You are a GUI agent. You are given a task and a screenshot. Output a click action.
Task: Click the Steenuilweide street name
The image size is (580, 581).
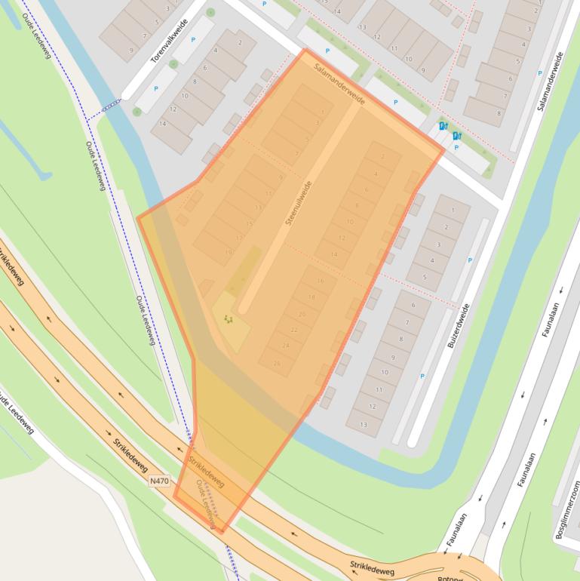pos(299,202)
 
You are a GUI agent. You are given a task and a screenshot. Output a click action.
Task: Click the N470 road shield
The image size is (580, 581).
pos(159,480)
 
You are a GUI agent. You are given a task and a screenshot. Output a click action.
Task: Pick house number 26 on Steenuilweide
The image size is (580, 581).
pos(278,363)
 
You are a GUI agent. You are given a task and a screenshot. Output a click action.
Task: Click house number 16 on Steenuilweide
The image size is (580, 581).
pos(321,281)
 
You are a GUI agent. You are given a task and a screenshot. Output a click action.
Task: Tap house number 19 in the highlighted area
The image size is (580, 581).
pos(229,252)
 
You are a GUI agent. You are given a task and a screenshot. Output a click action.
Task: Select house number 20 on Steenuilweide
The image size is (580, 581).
pos(302,314)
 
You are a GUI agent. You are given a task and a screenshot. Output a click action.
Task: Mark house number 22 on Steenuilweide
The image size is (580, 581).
pos(294,330)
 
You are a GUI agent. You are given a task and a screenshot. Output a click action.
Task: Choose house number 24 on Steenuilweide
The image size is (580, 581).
pos(286,346)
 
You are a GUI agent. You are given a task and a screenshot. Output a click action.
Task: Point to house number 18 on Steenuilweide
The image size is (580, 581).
pos(311,297)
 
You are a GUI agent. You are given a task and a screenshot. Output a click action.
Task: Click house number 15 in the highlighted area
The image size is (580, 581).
pos(250,223)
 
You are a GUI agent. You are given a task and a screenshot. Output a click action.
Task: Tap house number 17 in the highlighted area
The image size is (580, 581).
pos(240,237)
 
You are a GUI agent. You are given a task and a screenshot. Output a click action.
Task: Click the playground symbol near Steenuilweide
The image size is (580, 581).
pos(229,320)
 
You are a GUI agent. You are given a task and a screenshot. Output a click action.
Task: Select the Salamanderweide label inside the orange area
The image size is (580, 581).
pos(340,84)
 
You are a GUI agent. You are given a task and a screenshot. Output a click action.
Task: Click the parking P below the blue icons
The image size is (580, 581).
pos(456,148)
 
